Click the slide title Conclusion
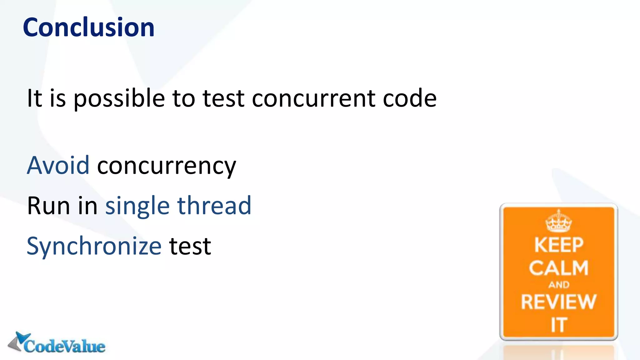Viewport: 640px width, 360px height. (x=88, y=27)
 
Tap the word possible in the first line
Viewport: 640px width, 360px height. (x=119, y=99)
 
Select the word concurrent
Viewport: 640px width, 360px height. (x=313, y=99)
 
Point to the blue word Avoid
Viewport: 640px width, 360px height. (x=58, y=165)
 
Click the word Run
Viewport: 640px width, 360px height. (x=48, y=206)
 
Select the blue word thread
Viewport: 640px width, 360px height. (x=214, y=206)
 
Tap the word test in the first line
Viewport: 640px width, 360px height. (x=223, y=99)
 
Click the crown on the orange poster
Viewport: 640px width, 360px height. (x=558, y=221)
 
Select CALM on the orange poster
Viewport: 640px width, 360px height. (x=558, y=268)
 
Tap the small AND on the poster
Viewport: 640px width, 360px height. (x=559, y=285)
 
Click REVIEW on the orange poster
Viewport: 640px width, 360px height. (x=558, y=302)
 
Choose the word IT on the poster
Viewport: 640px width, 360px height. (x=559, y=325)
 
